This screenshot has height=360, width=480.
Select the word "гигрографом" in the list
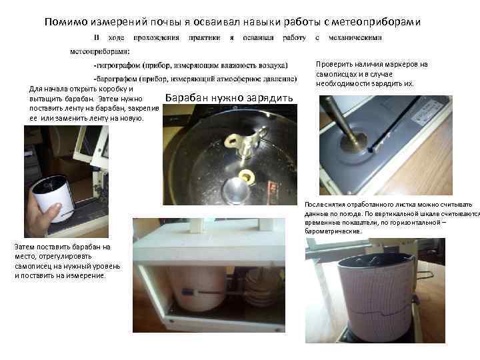pyautogui.click(x=123, y=65)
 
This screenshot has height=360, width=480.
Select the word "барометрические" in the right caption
pyautogui.click(x=333, y=231)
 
